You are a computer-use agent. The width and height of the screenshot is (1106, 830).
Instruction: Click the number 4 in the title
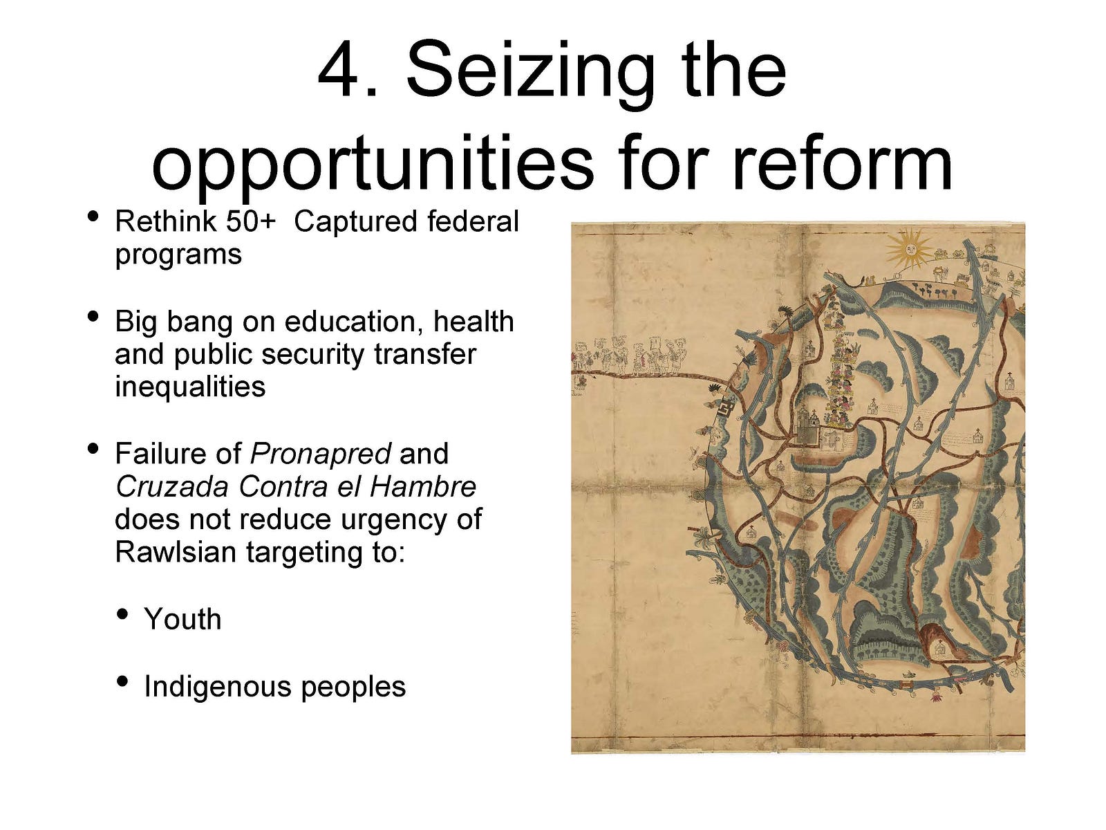(x=340, y=70)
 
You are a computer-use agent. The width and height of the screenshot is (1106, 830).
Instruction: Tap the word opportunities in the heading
(x=373, y=163)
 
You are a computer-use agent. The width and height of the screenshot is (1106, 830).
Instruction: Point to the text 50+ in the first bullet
(x=250, y=222)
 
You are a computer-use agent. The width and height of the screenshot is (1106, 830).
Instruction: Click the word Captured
(x=356, y=223)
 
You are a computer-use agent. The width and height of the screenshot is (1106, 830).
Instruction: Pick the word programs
(x=178, y=255)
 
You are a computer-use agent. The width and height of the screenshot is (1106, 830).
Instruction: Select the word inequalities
(x=190, y=387)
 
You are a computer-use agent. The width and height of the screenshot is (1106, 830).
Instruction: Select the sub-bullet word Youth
(x=182, y=619)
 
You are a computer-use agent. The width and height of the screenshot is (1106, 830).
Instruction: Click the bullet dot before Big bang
(x=93, y=317)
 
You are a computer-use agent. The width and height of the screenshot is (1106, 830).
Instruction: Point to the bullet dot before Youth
(x=122, y=614)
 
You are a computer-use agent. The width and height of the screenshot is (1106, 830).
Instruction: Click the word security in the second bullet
(x=315, y=355)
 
